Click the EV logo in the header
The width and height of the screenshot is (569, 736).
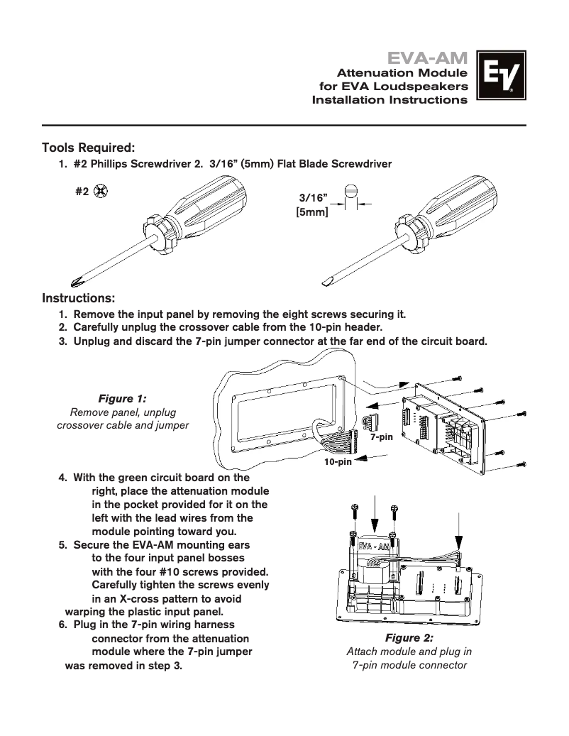click(x=502, y=78)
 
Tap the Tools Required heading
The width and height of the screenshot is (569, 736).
click(x=89, y=148)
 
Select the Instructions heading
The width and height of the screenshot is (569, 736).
click(x=79, y=296)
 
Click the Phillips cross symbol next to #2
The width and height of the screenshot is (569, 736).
click(x=101, y=191)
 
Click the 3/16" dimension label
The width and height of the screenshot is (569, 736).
click(x=313, y=198)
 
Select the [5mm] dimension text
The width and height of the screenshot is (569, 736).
click(x=311, y=212)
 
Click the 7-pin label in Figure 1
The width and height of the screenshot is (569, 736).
click(x=381, y=438)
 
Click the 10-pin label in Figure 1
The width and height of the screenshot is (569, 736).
click(x=338, y=462)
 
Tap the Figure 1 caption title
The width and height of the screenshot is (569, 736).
click(x=122, y=399)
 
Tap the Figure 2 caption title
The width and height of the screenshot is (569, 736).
click(x=409, y=638)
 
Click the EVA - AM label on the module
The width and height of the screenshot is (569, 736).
click(x=372, y=546)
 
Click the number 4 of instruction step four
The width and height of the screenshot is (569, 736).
click(x=62, y=478)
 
